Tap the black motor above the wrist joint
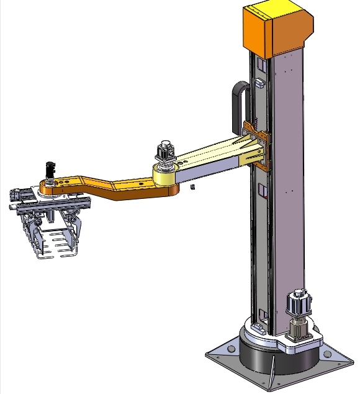50,170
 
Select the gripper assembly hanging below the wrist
53,227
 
